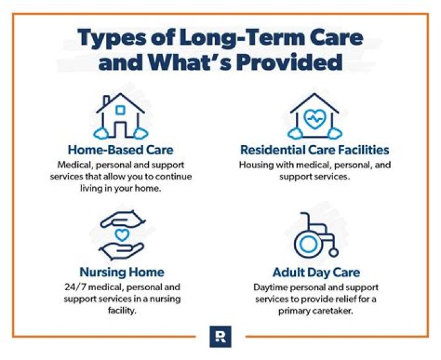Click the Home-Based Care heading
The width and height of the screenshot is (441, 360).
(x=121, y=149)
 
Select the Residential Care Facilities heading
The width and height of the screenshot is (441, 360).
(x=315, y=149)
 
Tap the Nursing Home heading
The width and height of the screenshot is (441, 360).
(x=121, y=271)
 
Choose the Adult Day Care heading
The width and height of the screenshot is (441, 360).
(x=315, y=271)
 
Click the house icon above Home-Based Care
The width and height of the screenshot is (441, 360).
(x=121, y=115)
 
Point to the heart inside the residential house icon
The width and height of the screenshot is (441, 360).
(x=315, y=118)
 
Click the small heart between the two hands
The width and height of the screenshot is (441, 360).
(x=121, y=234)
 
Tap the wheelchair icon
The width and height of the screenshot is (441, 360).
(x=315, y=235)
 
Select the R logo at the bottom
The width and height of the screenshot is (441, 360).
(x=220, y=337)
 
